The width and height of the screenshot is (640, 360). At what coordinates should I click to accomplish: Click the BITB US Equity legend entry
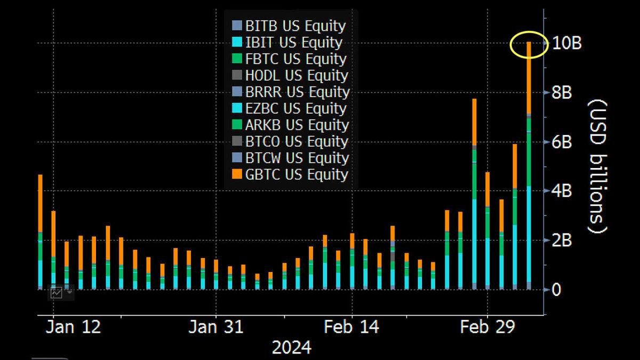295,26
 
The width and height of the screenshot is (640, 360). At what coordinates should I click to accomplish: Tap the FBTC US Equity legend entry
295,59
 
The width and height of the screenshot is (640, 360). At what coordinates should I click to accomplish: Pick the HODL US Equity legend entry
296,75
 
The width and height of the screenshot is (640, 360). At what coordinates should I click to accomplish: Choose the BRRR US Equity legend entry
297,92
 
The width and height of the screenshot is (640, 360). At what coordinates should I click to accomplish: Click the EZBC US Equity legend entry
295,108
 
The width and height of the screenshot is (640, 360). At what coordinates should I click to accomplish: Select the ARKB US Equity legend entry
297,125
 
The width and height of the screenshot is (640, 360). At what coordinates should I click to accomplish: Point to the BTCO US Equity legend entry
297,141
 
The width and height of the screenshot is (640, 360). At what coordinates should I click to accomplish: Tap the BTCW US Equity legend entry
297,158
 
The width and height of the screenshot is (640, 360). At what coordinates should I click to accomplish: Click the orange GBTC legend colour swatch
237,174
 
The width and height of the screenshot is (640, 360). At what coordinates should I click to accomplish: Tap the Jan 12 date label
73,327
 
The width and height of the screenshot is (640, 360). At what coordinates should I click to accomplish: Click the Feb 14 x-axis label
353,327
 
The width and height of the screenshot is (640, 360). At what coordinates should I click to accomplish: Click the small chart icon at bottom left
57,292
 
